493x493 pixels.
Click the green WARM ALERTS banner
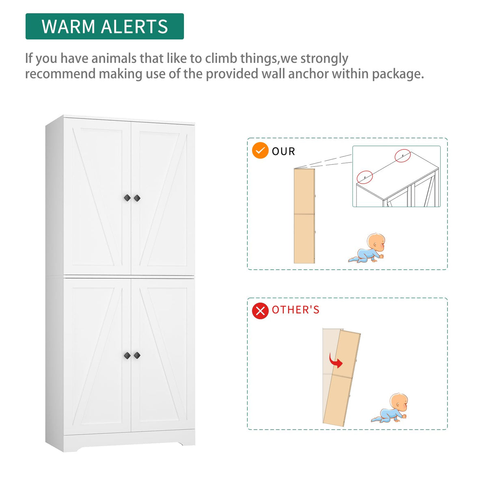click(104, 26)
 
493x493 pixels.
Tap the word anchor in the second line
click(309, 74)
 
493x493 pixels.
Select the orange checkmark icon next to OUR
click(260, 151)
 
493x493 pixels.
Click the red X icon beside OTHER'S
click(260, 311)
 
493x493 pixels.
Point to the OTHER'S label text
click(296, 310)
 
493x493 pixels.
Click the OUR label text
click(283, 151)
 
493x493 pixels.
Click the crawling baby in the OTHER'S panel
click(390, 409)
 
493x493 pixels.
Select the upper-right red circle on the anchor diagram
click(402, 156)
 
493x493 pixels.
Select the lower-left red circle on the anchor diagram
click(365, 177)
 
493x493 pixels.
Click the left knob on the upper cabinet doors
click(127, 198)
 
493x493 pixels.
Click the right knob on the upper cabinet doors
click(137, 198)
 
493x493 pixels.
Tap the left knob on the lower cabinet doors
click(127, 355)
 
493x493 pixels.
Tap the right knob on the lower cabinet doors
click(137, 355)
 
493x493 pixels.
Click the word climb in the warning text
click(221, 58)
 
